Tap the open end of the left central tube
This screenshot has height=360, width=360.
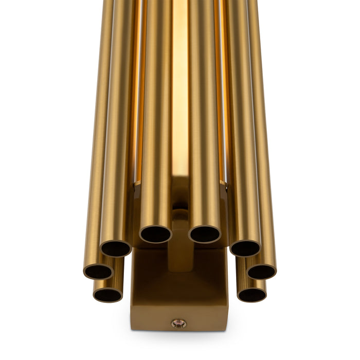click(x=155, y=235)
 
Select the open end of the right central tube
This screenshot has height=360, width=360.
click(x=205, y=235)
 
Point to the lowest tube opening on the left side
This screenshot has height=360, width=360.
click(x=108, y=295)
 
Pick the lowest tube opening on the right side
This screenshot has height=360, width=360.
click(x=252, y=295)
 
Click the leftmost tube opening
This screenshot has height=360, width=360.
click(x=98, y=271)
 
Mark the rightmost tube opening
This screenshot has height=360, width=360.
click(x=262, y=271)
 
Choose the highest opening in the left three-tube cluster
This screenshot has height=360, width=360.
click(x=116, y=248)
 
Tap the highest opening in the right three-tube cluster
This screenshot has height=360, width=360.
click(x=244, y=248)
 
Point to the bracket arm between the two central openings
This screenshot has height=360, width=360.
click(x=180, y=247)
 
